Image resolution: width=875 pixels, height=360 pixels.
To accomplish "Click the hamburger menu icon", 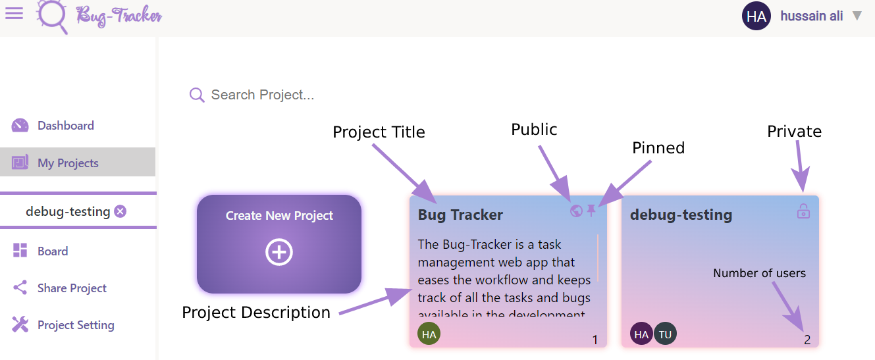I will click(14, 13).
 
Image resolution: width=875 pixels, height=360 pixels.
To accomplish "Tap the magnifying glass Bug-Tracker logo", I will click(52, 16).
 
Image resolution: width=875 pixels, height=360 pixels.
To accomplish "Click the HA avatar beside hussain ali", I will click(756, 16).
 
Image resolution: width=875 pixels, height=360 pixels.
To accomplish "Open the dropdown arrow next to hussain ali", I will click(857, 16).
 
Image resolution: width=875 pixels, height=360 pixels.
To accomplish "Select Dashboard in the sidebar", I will click(65, 126).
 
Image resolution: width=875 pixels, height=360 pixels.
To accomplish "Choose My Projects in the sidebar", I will click(68, 163).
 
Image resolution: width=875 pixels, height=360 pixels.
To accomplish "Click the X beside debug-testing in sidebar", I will click(120, 211).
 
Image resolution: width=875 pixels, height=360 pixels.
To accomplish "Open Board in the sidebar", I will click(53, 251).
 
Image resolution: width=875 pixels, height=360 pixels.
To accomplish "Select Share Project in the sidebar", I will click(72, 288).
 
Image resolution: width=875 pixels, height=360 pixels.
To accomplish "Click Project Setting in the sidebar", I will click(76, 325).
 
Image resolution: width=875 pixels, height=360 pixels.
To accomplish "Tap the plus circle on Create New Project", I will click(279, 253).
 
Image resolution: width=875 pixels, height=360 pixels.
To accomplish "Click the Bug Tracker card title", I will click(460, 215).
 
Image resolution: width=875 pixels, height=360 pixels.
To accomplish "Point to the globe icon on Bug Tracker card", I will click(576, 211).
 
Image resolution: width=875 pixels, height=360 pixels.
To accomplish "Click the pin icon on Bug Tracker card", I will click(591, 211).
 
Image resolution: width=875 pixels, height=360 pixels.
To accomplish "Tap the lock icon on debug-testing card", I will click(803, 211).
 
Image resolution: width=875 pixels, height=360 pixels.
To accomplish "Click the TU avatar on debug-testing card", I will click(665, 334).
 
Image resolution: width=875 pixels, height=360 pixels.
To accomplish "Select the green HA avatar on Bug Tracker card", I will click(429, 334).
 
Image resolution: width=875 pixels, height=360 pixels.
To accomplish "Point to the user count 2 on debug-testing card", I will click(807, 340).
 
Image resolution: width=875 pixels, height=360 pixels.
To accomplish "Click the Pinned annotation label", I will click(658, 148).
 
